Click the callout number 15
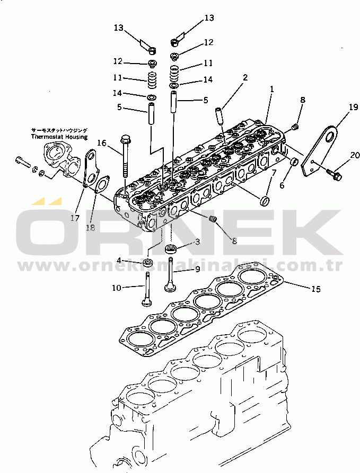pos(315,289)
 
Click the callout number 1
pos(272,90)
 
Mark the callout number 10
pos(116,288)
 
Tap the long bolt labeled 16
pos(125,156)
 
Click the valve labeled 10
pos(146,289)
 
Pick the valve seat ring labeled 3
pos(171,249)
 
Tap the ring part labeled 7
pos(263,201)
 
